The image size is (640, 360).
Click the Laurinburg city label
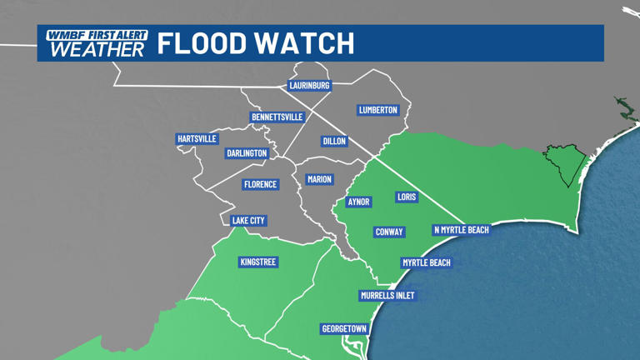pyautogui.click(x=309, y=85)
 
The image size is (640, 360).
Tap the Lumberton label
pyautogui.click(x=378, y=110)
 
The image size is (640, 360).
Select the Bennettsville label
pyautogui.click(x=277, y=117)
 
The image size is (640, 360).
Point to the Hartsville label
pyautogui.click(x=197, y=138)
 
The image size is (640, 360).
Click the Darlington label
pyautogui.click(x=247, y=153)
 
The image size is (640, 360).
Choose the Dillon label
pyautogui.click(x=334, y=142)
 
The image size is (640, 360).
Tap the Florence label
pyautogui.click(x=260, y=184)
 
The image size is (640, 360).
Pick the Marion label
pyautogui.click(x=319, y=179)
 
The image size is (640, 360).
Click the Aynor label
pyautogui.click(x=358, y=202)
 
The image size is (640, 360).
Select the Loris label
pyautogui.click(x=407, y=197)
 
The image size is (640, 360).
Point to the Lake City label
pyautogui.click(x=248, y=221)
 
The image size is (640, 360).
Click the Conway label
pyautogui.click(x=389, y=232)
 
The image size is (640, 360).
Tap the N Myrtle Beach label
pyautogui.click(x=461, y=230)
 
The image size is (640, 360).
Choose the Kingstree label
pyautogui.click(x=257, y=262)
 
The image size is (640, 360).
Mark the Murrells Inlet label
pyautogui.click(x=387, y=296)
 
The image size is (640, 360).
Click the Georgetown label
pyautogui.click(x=344, y=329)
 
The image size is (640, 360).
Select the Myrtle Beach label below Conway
pyautogui.click(x=427, y=262)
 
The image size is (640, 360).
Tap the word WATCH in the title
pyautogui.click(x=305, y=42)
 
